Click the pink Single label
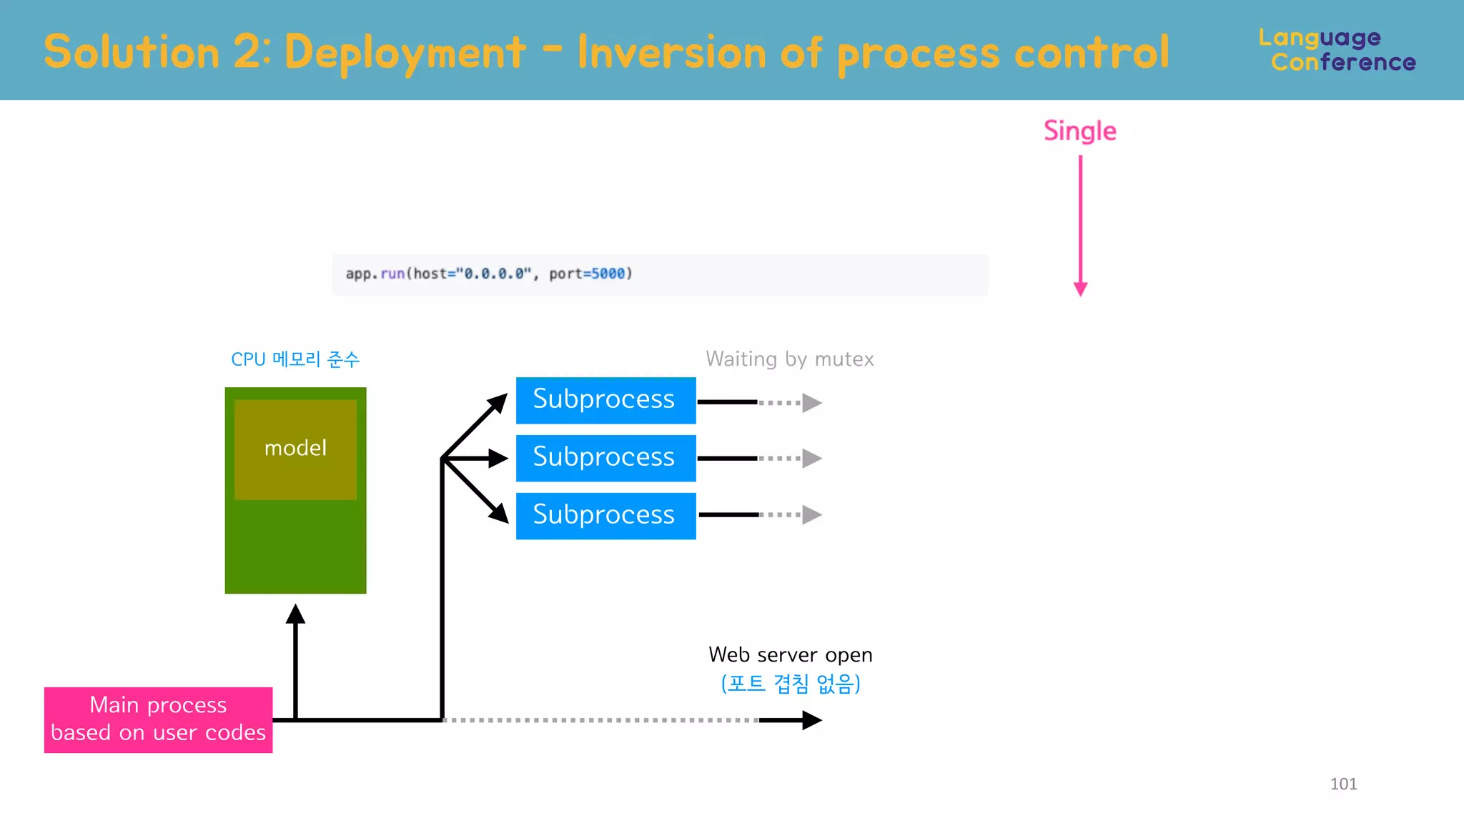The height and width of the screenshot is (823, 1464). point(1079,131)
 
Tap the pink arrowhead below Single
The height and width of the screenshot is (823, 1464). point(1080,289)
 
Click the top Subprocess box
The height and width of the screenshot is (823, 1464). point(605,400)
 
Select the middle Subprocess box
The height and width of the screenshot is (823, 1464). point(605,458)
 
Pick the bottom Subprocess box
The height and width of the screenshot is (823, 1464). point(605,516)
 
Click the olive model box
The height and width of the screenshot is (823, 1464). point(295,449)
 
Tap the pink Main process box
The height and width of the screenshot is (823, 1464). point(158,719)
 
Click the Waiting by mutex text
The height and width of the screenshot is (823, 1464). point(789,359)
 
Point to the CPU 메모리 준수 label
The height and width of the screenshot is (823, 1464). point(295,359)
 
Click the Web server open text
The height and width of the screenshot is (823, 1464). point(790,654)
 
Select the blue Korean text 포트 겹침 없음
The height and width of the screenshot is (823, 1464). point(790,684)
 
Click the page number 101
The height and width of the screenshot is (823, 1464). point(1343,784)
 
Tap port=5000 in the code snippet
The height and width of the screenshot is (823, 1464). point(587,274)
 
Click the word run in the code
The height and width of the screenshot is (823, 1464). point(392,274)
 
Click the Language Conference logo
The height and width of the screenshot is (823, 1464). point(1336,50)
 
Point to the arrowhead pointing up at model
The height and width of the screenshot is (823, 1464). point(295,614)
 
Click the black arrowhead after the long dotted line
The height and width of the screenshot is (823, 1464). point(811,720)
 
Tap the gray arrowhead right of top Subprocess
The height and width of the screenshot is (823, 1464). point(811,403)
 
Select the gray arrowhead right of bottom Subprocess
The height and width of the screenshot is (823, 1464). point(811,514)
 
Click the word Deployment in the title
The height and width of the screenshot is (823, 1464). point(405,53)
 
